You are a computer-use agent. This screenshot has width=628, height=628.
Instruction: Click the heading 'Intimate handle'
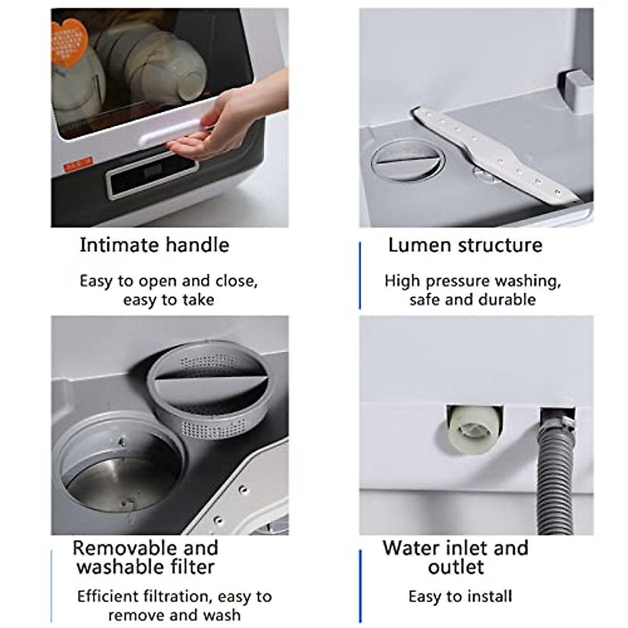click(154, 245)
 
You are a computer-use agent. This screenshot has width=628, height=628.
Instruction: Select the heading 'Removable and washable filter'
click(145, 557)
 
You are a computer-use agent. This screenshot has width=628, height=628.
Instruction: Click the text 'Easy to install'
click(460, 596)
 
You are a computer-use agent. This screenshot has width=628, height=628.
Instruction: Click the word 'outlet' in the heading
click(455, 567)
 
